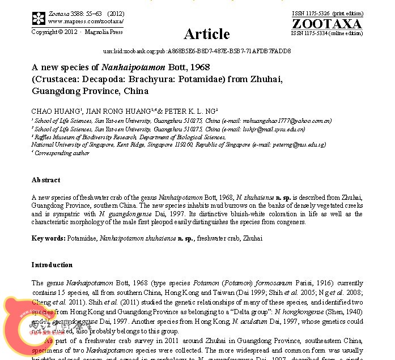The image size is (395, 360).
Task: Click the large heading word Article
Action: coord(207,33)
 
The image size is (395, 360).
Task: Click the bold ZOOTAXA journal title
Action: coord(326,24)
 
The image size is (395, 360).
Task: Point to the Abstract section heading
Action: coord(45,180)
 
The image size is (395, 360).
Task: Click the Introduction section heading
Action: coord(52,265)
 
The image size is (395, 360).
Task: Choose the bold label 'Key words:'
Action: coord(49,239)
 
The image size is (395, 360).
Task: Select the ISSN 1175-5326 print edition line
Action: coord(326,14)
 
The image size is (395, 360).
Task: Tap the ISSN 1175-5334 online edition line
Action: coord(326,33)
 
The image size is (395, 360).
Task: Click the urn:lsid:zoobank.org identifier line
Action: coord(197,51)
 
